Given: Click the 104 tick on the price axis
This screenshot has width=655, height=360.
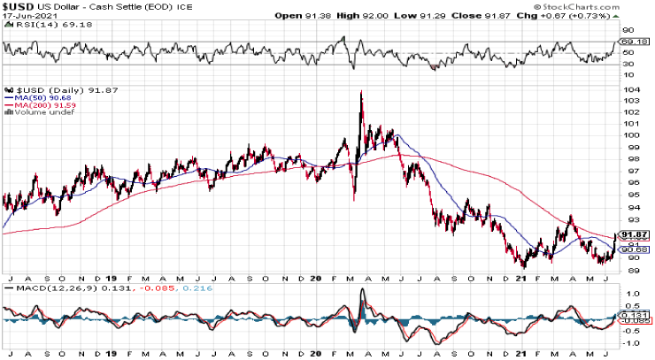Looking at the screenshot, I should [630, 89].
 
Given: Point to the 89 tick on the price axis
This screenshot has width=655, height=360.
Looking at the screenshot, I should [629, 269].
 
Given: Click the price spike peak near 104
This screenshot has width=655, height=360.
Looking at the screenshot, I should [361, 91].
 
